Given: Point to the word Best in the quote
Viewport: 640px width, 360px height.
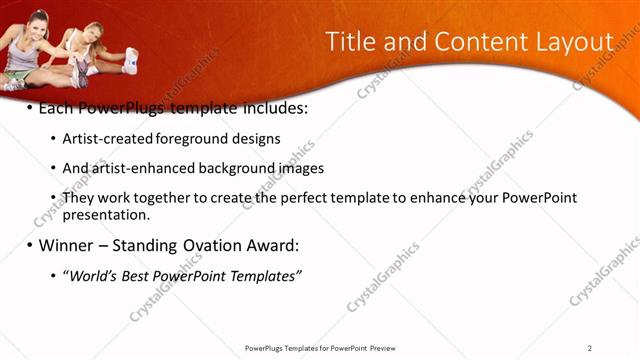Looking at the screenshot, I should [x=139, y=275].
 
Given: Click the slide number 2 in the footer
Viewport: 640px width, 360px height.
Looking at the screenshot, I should [x=590, y=348].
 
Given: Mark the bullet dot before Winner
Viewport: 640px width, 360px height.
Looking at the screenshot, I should [x=29, y=245].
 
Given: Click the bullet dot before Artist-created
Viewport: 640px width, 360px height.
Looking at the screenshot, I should [x=53, y=139].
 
